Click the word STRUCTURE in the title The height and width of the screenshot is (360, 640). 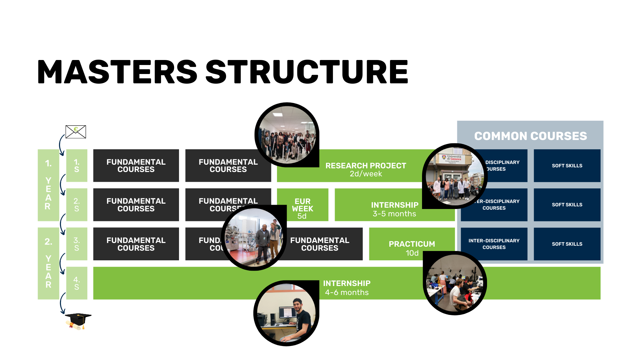(x=307, y=72)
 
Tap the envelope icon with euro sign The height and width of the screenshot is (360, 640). (x=76, y=132)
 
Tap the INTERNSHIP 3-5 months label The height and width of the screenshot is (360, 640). (x=394, y=209)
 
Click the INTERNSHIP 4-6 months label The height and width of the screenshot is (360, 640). (x=347, y=288)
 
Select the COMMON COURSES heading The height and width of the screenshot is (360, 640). (x=530, y=136)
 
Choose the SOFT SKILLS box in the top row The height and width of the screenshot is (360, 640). (x=567, y=166)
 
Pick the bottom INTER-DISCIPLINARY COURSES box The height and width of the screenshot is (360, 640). (x=494, y=244)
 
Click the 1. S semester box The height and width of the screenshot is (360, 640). (x=77, y=166)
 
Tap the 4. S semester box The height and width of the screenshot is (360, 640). (x=77, y=283)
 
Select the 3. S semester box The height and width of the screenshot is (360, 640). (x=77, y=244)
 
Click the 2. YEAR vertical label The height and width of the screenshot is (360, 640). (x=48, y=263)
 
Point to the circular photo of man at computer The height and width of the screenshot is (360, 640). (x=286, y=313)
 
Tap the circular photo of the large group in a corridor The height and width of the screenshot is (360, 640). (x=287, y=135)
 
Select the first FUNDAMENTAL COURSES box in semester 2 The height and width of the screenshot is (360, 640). (x=136, y=205)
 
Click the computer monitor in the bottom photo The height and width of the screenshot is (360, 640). (x=287, y=313)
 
